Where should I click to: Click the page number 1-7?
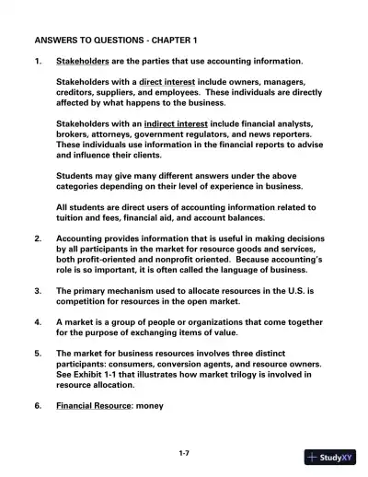tap(184, 454)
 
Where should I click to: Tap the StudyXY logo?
tap(327, 458)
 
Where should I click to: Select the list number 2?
tap(37, 238)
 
